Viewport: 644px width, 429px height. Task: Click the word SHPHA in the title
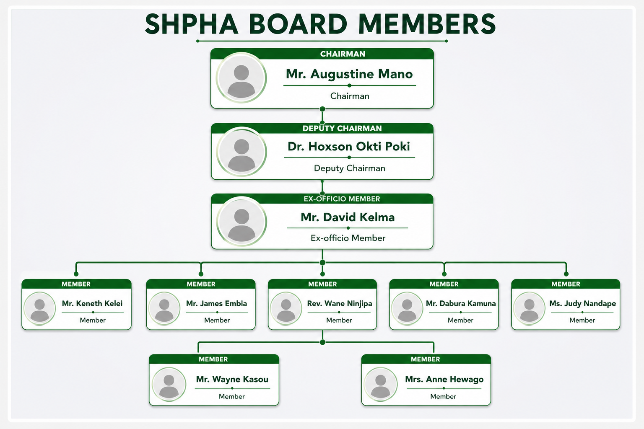pos(192,24)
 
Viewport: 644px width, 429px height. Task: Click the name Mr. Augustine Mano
pos(349,74)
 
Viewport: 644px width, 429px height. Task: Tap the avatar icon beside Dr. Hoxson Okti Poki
pos(241,152)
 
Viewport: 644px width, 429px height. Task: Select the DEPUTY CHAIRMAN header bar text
pos(342,129)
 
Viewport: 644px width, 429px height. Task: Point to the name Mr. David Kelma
pos(348,217)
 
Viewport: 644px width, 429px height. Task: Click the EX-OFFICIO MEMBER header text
pos(342,199)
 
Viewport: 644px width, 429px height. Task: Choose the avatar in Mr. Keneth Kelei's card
pos(40,309)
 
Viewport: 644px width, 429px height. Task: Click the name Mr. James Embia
pos(216,303)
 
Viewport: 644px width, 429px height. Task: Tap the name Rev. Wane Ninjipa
pos(340,304)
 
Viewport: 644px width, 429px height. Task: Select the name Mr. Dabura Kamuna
pos(461,303)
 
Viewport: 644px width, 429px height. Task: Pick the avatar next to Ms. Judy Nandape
pos(529,309)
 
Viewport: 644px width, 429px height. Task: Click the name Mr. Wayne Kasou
pos(232,380)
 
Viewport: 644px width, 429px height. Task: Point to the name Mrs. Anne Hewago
pos(444,380)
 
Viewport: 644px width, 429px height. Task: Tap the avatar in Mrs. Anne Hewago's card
pos(381,385)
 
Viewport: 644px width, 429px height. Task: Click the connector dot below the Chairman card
pos(322,109)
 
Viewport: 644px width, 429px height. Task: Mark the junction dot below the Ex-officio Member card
pos(322,263)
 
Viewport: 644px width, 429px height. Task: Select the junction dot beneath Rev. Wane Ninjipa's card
pos(322,342)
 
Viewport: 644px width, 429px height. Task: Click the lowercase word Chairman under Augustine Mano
pos(350,96)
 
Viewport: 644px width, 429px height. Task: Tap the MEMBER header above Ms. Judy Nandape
pos(566,284)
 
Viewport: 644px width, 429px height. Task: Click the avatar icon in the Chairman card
pos(241,78)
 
